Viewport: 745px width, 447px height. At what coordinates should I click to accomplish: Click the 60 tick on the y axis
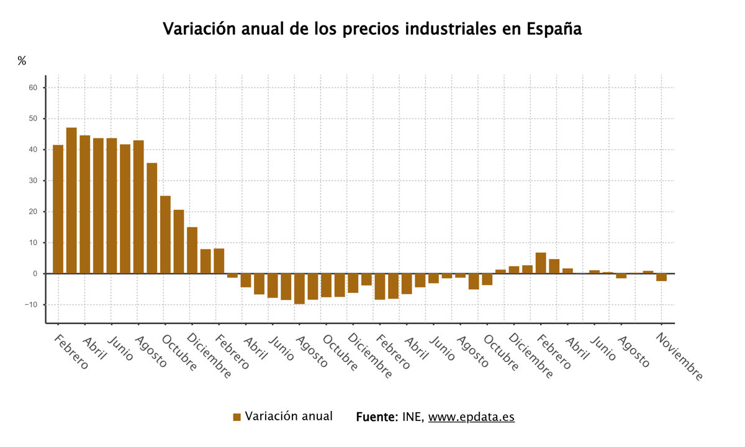(34, 88)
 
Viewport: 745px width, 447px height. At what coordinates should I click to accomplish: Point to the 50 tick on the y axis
(34, 119)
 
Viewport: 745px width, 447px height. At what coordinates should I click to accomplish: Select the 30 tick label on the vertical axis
(34, 181)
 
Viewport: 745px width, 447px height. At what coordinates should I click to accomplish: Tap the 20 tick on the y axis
(34, 212)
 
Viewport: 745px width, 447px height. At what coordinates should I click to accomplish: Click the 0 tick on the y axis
(35, 274)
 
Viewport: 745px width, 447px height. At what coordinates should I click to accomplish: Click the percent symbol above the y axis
(22, 61)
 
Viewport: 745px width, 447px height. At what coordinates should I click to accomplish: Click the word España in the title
(554, 29)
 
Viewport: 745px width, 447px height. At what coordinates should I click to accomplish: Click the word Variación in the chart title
(199, 29)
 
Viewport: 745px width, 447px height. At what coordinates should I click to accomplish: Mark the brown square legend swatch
(237, 417)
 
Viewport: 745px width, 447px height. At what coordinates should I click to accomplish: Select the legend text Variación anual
(289, 417)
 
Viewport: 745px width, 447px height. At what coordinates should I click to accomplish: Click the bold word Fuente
(376, 417)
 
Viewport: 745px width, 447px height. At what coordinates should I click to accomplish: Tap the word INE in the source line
(413, 417)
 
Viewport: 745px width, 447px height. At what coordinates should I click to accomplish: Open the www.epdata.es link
(471, 417)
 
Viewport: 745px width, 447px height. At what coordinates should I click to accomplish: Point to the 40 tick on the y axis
(34, 150)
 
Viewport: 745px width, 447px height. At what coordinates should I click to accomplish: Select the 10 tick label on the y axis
(34, 243)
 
